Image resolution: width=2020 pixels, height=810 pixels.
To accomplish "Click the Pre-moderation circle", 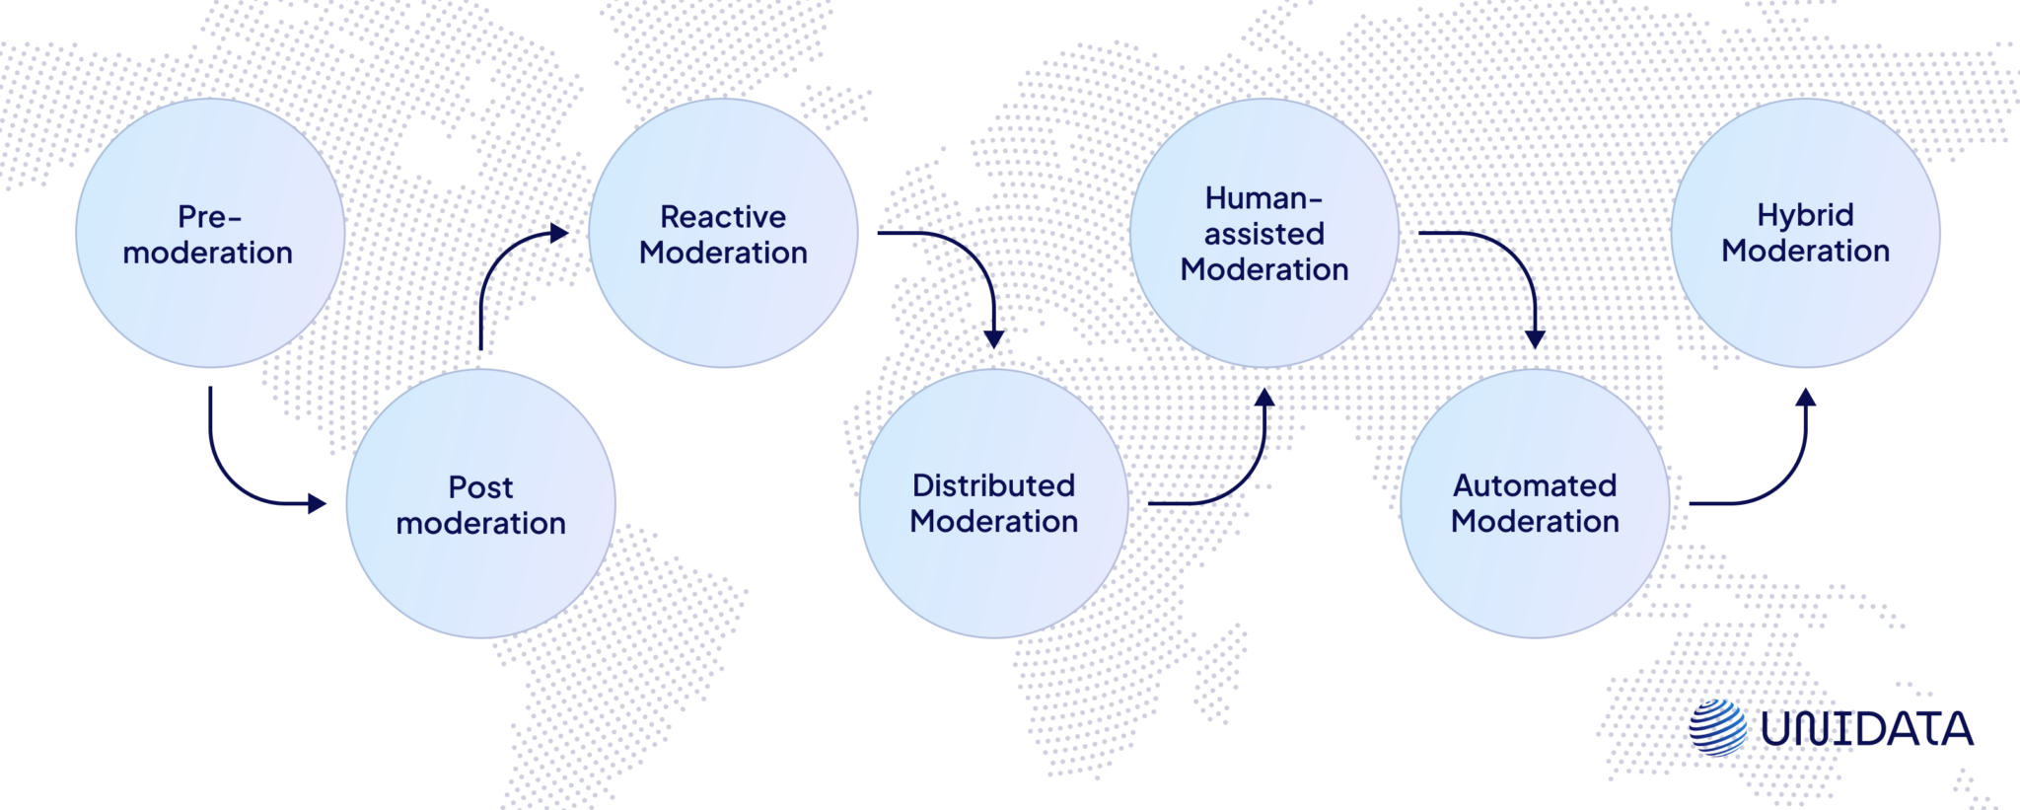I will pos(210,234).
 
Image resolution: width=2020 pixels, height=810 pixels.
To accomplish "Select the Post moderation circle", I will pos(480,504).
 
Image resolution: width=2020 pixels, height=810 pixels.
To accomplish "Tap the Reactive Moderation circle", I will pos(723,234).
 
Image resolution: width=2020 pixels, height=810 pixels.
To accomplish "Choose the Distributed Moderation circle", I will pos(993,504).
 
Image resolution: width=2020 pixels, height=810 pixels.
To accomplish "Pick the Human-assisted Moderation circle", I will pos(1263,234).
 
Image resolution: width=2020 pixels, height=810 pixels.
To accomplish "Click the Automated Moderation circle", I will pos(1535,504).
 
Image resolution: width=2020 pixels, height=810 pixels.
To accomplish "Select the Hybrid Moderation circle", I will pos(1805,234).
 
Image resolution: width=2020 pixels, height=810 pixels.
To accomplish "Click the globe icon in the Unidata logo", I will pos(1717,728).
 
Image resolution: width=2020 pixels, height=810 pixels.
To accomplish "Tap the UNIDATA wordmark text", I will pos(1866,729).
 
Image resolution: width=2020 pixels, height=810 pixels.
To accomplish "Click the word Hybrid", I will pos(1805,215).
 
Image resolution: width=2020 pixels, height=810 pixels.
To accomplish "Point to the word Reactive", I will pos(723,217).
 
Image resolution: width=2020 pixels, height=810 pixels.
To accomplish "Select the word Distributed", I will pos(993,485).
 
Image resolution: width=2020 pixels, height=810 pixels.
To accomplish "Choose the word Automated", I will pos(1535,485).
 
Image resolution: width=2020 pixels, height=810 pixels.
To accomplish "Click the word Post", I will pos(480,487).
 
